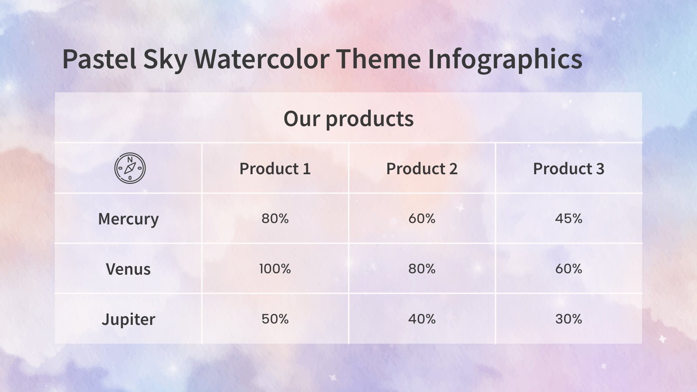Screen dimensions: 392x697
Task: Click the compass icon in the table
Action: [x=130, y=168]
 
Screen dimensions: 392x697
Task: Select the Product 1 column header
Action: [x=275, y=169]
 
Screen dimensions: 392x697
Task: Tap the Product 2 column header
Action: [x=422, y=169]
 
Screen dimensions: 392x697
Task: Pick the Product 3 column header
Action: [x=568, y=169]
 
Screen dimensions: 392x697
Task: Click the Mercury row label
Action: [x=128, y=219]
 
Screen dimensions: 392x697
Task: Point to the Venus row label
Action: [x=128, y=269]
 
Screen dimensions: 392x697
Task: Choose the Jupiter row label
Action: [x=128, y=319]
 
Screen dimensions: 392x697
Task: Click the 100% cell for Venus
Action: [x=275, y=269]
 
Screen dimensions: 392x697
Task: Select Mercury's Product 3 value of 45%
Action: [x=568, y=218]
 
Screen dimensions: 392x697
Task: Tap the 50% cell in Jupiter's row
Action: [x=275, y=319]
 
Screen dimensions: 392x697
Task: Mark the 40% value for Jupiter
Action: [x=422, y=319]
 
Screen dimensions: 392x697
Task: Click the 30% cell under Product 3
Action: [x=568, y=319]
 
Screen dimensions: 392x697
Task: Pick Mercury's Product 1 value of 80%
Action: [x=275, y=218]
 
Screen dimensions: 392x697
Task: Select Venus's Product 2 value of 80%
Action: [x=422, y=269]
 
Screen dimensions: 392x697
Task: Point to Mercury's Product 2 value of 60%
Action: [x=422, y=218]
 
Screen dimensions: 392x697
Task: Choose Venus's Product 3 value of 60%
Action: [x=568, y=269]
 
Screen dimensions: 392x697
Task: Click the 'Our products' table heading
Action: [x=348, y=118]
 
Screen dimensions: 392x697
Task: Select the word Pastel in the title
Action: [x=99, y=59]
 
